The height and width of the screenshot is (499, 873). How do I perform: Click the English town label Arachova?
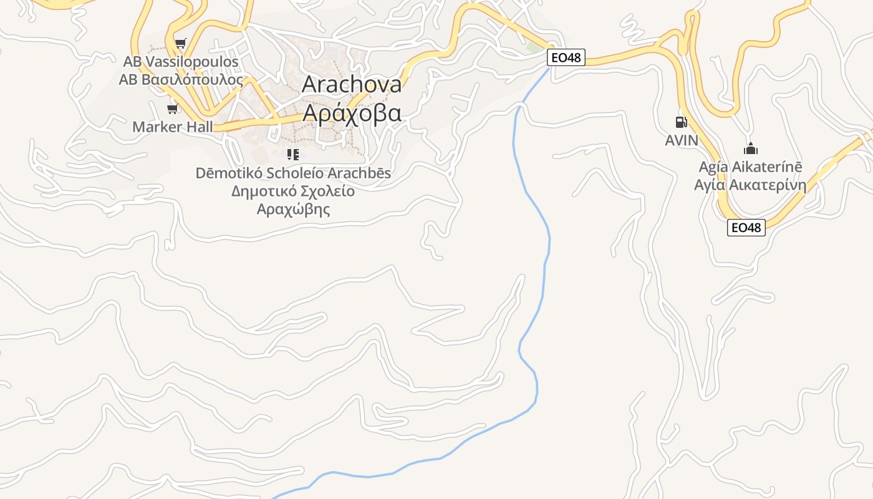(352, 84)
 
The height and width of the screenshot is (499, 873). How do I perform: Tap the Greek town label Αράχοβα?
(352, 113)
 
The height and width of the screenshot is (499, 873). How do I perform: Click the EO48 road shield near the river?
(566, 58)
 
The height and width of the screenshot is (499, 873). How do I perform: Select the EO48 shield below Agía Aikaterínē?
(746, 228)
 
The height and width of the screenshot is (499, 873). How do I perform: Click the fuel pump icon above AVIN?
(681, 122)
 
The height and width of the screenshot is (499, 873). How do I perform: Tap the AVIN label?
(682, 140)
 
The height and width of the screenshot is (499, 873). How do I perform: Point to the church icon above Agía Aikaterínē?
(751, 148)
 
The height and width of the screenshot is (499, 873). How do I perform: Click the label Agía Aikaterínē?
(750, 167)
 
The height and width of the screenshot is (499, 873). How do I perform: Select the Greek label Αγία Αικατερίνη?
(750, 185)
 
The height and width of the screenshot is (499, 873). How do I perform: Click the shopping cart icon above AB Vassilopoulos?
(180, 43)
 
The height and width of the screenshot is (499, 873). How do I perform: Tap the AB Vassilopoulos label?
(181, 62)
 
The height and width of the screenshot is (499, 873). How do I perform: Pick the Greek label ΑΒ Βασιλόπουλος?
(181, 80)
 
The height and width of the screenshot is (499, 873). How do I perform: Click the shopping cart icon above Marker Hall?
(172, 109)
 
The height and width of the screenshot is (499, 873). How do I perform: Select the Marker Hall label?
(173, 127)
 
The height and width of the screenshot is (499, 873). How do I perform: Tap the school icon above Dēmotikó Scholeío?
(292, 154)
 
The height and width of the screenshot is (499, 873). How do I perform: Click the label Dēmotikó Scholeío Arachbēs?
(293, 173)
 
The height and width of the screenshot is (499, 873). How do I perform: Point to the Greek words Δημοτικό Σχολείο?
(293, 191)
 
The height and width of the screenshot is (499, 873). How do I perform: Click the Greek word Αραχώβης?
(293, 209)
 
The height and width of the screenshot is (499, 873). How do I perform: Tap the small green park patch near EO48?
(534, 47)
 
